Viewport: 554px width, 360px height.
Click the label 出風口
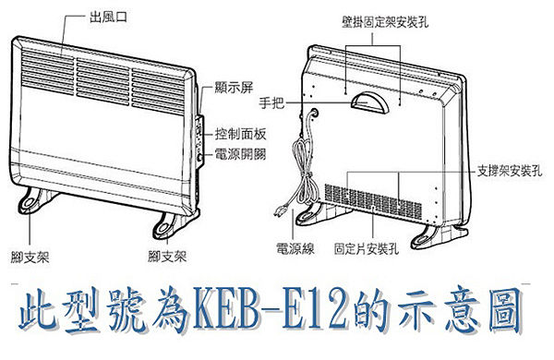pos(108,17)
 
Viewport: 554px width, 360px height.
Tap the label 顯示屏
pos(234,88)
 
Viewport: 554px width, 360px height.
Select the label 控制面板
pos(241,134)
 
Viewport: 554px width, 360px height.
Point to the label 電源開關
pos(241,154)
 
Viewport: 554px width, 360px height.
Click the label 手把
pos(271,102)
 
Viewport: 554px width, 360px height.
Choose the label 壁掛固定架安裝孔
pos(385,21)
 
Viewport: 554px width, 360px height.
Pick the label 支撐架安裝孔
pos(510,172)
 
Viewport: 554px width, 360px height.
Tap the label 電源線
pos(295,248)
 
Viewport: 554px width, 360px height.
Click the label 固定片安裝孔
pos(367,248)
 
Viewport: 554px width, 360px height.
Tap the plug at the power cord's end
pos(282,210)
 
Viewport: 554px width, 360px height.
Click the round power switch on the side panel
pos(200,158)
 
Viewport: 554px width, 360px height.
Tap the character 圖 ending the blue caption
pos(505,310)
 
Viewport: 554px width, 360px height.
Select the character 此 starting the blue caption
pos(38,310)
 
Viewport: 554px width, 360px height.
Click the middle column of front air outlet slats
pos(102,78)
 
